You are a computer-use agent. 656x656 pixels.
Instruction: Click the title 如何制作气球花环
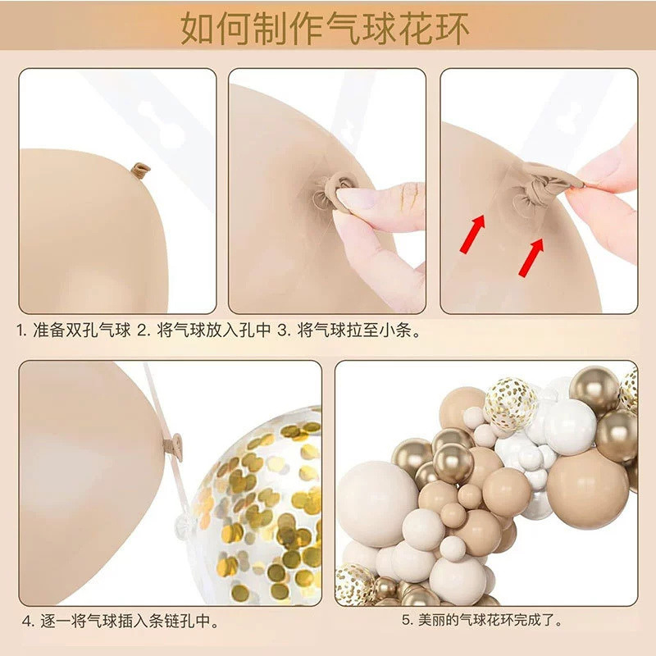[325, 28]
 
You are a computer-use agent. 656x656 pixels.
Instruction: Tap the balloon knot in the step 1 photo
[140, 170]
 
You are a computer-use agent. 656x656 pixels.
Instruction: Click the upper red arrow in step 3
[473, 234]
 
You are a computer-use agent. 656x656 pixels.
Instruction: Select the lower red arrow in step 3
[531, 257]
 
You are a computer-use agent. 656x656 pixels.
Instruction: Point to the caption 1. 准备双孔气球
[74, 330]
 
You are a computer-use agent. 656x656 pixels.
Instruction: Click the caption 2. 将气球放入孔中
[204, 330]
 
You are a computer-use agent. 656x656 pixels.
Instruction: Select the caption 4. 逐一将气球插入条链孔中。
[121, 622]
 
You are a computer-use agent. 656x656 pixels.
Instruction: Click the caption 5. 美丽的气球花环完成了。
[482, 620]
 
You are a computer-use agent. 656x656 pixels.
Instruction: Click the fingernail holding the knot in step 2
[356, 198]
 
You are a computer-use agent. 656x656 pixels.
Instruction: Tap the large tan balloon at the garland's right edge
[587, 489]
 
